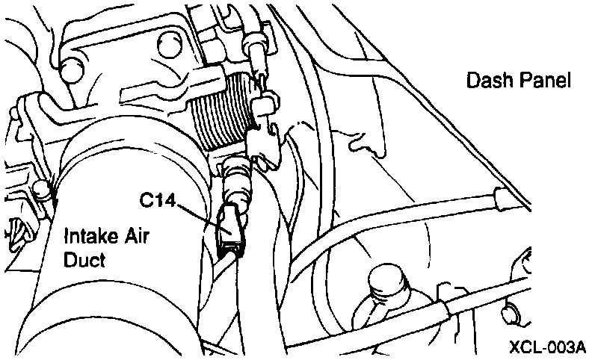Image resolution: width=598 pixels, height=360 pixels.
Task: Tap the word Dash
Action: click(487, 80)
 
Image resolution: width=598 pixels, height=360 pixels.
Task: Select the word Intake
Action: click(88, 240)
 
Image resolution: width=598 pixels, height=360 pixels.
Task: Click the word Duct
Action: click(84, 260)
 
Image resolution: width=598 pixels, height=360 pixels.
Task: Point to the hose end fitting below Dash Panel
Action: click(499, 198)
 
